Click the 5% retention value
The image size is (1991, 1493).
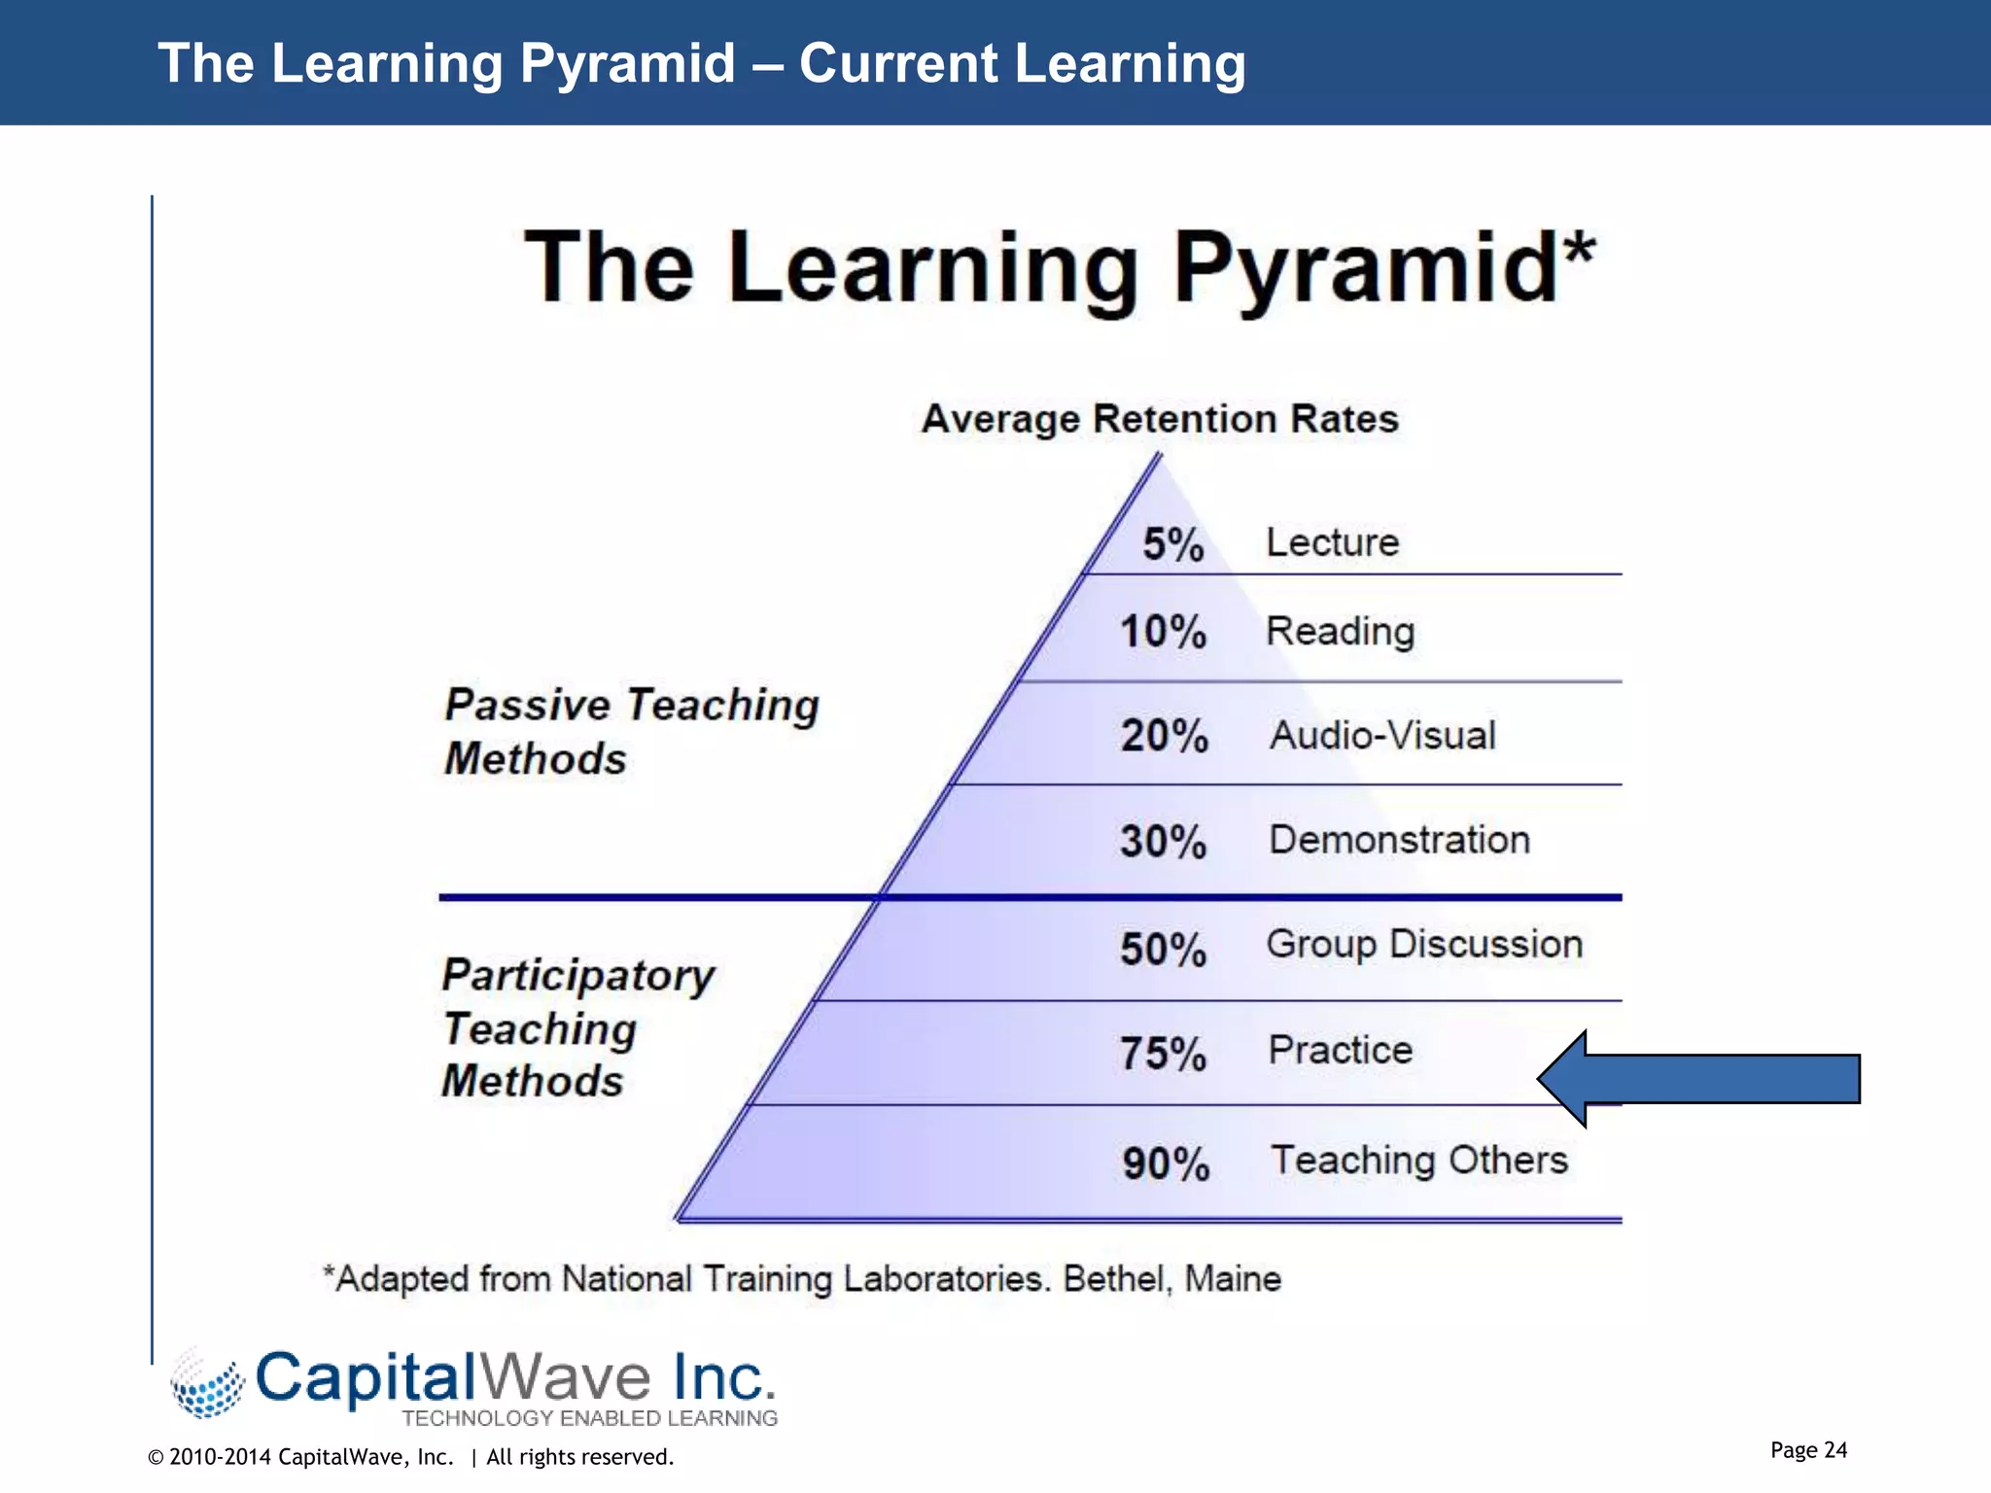1172,544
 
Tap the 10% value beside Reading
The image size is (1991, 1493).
1163,632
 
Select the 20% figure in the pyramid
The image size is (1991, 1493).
1164,736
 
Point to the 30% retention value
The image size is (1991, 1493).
1163,842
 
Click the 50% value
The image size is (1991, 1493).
1163,950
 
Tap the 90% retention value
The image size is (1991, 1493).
1166,1163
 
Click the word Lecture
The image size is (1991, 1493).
1332,542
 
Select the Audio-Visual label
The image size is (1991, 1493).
1382,736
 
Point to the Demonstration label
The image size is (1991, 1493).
1399,840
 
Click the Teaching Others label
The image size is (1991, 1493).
1419,1160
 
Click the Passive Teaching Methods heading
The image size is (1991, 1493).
631,731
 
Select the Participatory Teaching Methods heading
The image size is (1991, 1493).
577,1027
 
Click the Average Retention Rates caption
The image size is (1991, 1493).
1160,419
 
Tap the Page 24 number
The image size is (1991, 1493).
1808,1450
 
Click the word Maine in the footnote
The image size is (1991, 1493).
1232,1279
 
